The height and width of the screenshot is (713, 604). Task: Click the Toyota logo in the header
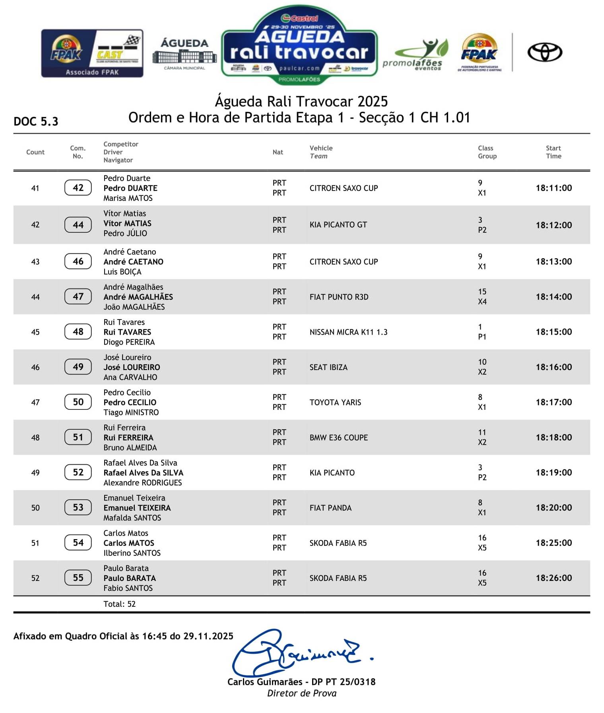click(x=544, y=53)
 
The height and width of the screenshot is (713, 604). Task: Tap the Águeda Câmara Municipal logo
click(x=185, y=54)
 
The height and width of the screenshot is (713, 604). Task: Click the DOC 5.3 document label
click(x=36, y=121)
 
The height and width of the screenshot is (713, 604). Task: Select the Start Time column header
click(x=553, y=152)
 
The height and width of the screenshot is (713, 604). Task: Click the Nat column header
click(x=278, y=152)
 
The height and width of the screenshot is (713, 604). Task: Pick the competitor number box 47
click(x=78, y=296)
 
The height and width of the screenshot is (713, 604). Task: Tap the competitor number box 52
click(x=78, y=472)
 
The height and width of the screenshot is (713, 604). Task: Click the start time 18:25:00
click(x=554, y=543)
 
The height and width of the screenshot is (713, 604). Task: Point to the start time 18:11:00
click(x=554, y=188)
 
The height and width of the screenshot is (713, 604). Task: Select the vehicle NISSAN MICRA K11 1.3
click(x=348, y=332)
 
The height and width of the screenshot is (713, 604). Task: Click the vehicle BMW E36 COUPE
click(x=338, y=437)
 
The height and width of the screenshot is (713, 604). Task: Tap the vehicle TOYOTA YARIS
click(x=335, y=402)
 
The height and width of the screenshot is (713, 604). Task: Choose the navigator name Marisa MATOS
click(x=128, y=198)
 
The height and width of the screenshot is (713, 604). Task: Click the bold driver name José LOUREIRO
click(x=132, y=367)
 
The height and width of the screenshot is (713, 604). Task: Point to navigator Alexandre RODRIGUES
click(x=142, y=483)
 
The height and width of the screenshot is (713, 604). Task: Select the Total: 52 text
click(x=119, y=604)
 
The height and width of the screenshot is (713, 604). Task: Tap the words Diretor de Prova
click(x=301, y=693)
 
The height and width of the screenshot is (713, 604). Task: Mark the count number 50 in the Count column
click(x=35, y=508)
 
